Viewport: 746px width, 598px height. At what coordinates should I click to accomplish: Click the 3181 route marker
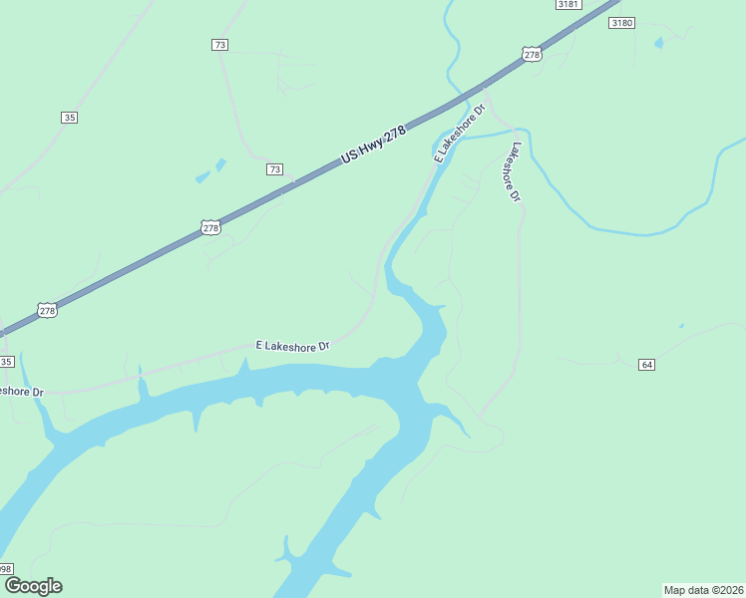click(567, 4)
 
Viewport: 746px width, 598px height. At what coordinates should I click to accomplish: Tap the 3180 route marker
click(621, 22)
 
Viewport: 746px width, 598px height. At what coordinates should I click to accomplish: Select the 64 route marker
click(647, 365)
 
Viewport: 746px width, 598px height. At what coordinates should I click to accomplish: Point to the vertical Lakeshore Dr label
click(515, 172)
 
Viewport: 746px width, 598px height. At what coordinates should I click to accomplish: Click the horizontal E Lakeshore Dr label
click(292, 346)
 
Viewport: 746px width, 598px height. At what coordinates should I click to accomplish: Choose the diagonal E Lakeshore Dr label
click(459, 132)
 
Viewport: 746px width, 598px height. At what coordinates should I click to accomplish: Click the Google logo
click(33, 586)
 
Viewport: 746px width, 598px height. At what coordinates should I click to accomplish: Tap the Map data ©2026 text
click(703, 589)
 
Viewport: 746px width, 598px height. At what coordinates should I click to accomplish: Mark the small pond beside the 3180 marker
click(658, 43)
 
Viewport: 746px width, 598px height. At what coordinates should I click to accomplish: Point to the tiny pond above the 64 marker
click(682, 325)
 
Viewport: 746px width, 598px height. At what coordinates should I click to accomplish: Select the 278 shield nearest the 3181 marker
click(532, 55)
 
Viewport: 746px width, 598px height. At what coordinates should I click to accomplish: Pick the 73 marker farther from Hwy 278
click(220, 45)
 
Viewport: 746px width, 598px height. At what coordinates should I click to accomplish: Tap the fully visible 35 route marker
click(69, 118)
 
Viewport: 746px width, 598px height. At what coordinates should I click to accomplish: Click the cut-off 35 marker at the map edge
click(6, 361)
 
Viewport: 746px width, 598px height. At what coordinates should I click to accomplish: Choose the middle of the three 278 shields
click(210, 228)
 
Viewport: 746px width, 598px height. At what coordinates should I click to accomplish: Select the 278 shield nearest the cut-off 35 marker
click(48, 311)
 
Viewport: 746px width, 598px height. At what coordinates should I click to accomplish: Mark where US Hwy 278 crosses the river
click(466, 97)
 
